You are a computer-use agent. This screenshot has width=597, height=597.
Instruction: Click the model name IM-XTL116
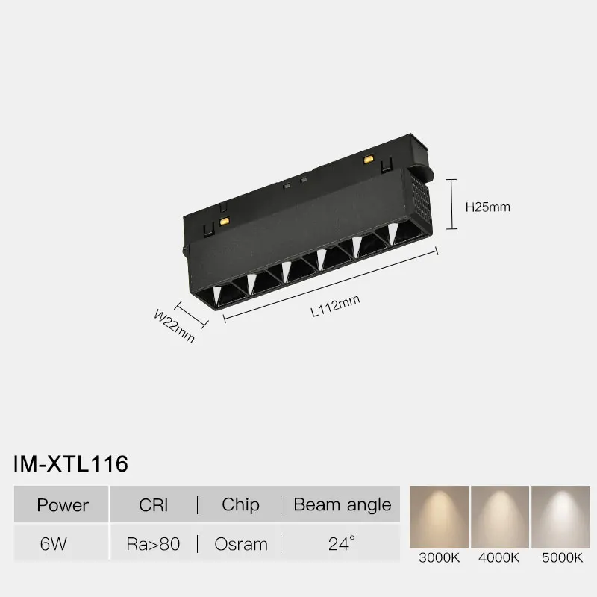[71, 463]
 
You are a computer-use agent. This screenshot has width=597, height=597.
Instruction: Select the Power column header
[63, 504]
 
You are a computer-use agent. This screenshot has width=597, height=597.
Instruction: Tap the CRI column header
[154, 504]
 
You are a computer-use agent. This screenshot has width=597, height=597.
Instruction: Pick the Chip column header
[240, 504]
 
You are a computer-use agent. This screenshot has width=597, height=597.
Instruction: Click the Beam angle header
[342, 504]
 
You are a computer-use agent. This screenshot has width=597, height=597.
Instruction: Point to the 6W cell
[54, 544]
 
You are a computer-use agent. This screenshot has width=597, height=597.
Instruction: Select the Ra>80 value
[154, 544]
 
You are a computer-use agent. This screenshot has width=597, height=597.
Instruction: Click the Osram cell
[240, 544]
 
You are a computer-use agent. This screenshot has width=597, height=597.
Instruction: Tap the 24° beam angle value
[341, 543]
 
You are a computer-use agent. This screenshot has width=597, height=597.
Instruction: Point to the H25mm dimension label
[487, 207]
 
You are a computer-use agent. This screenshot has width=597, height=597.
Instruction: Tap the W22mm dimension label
[174, 326]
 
